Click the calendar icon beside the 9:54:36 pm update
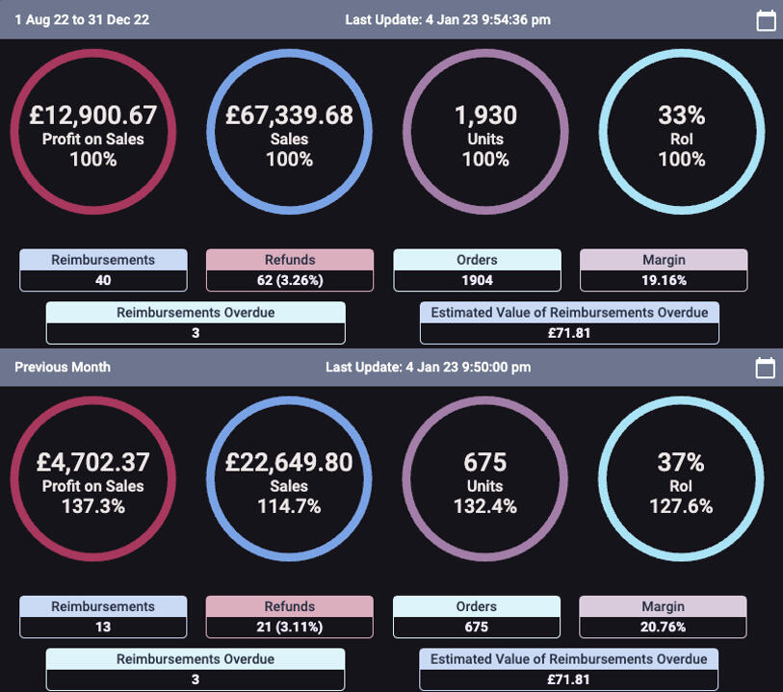point(766,20)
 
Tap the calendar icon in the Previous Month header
point(766,367)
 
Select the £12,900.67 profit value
point(93,115)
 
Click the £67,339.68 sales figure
point(289,115)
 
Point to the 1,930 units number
point(485,115)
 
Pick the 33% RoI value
point(682,115)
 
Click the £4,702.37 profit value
point(93,462)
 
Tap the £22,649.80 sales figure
point(289,462)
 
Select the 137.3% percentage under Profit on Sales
point(93,506)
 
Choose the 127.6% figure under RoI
point(682,506)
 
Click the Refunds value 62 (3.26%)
point(289,280)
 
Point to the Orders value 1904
point(477,280)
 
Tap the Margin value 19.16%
point(664,280)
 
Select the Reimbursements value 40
point(103,280)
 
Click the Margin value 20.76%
point(664,627)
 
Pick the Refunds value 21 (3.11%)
point(289,627)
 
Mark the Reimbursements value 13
point(103,627)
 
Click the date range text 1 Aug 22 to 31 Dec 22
point(82,19)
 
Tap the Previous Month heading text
point(63,367)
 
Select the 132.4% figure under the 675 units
point(485,506)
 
